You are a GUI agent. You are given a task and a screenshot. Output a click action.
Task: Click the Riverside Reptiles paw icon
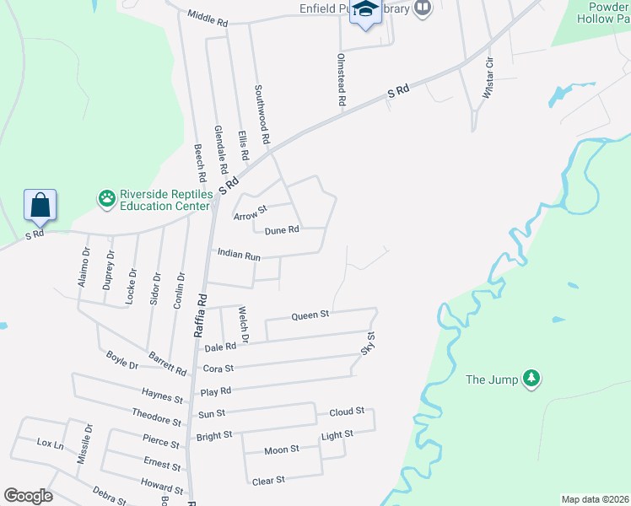point(107,199)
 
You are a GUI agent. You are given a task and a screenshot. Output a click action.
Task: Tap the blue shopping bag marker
point(40,204)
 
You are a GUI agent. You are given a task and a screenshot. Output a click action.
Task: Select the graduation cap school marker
point(365,10)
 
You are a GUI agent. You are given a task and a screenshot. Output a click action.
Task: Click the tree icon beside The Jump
point(531,379)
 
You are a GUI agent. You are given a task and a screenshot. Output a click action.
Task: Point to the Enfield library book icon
point(423,9)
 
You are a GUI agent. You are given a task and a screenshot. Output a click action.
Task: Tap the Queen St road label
point(310,315)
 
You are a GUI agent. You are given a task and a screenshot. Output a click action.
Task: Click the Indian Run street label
point(239,253)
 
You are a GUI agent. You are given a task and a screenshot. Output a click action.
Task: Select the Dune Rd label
point(282,230)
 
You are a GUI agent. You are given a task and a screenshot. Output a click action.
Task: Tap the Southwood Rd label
point(263,112)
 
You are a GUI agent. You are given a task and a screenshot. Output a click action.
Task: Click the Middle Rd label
point(208,18)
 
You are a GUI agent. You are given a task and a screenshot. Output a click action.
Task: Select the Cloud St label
point(347,412)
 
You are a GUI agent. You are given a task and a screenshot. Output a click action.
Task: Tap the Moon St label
point(282,449)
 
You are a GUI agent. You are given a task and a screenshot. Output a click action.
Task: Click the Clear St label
point(268,480)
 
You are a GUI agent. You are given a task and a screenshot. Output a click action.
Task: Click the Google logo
point(28,496)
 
